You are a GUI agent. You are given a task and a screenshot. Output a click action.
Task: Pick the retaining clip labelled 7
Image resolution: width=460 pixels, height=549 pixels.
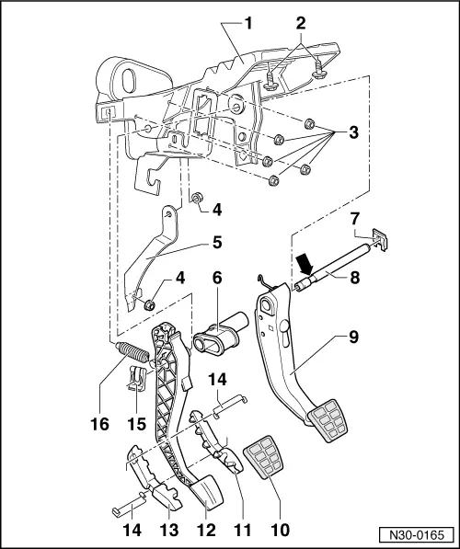point(380,241)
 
